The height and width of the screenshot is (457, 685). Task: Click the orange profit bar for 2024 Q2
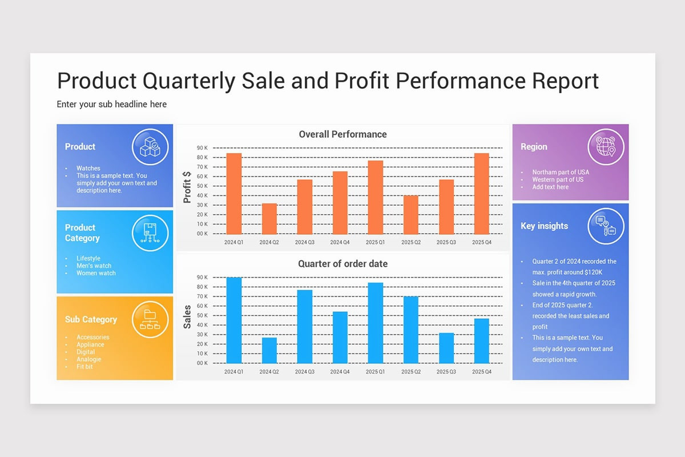[x=269, y=219]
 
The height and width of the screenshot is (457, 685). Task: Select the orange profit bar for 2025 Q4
[x=481, y=194]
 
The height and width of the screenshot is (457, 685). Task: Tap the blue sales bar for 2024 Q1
[x=234, y=320]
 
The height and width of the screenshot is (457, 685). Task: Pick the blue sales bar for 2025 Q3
[x=446, y=348]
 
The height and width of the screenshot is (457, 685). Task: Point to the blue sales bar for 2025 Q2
[x=411, y=330]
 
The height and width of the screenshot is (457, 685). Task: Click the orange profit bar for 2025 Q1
[x=375, y=197]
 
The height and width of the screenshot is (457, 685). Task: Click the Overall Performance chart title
[x=342, y=134]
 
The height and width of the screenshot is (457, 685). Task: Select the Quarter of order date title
[x=342, y=264]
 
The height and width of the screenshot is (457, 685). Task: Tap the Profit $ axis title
[x=187, y=187]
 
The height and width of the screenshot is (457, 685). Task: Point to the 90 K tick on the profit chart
[x=202, y=148]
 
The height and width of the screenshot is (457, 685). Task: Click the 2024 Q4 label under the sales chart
[x=340, y=372]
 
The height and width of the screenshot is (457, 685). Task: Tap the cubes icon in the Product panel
[x=150, y=147]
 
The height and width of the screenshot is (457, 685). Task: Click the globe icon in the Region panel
[x=606, y=147]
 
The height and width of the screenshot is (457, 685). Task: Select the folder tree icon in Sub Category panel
[x=150, y=319]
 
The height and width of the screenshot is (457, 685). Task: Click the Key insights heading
[x=544, y=226]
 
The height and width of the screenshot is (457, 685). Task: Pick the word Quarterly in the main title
[x=188, y=81]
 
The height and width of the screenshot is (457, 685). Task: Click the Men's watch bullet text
[x=94, y=266]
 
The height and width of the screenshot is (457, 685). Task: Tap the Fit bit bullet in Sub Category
[x=84, y=367]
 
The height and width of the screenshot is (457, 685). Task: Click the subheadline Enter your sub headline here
[x=112, y=105]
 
